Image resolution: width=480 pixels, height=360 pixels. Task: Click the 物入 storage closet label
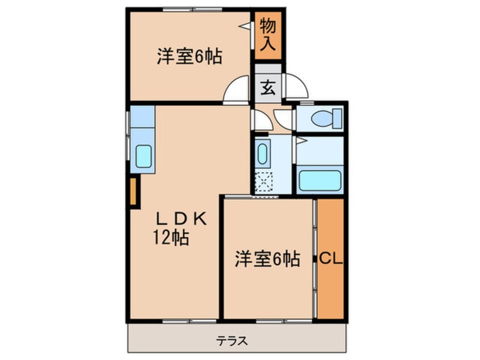click(x=268, y=35)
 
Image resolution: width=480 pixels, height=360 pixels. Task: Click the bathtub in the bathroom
click(x=320, y=180)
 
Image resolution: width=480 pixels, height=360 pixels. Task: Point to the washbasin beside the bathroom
click(x=263, y=153)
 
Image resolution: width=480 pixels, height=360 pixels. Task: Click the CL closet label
click(x=330, y=259)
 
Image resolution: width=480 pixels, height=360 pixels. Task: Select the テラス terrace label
click(x=231, y=341)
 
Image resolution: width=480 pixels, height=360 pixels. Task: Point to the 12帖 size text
click(x=170, y=238)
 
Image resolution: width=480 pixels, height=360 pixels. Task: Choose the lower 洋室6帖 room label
click(x=267, y=259)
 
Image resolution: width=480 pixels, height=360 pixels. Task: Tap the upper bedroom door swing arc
click(x=237, y=89)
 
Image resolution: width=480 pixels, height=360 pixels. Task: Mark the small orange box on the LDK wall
click(x=133, y=192)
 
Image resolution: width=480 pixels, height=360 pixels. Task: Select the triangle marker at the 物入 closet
click(x=245, y=26)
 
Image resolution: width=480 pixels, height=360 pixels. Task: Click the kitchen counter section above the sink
click(x=143, y=118)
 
